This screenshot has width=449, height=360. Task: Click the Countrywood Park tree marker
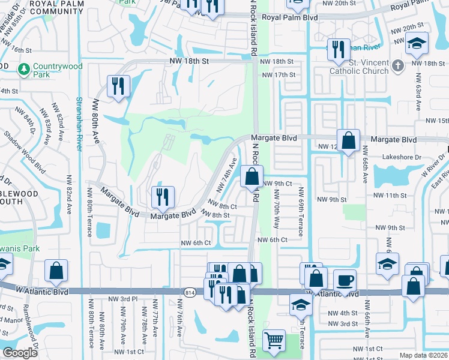pos(24,70)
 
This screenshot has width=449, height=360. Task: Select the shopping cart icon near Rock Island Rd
pos(274,340)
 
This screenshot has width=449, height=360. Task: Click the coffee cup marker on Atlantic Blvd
pos(345,280)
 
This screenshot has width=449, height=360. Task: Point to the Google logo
pos(20,352)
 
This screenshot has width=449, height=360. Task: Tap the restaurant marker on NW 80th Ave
pos(118,85)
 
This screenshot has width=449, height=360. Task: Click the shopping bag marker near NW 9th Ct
pos(252,176)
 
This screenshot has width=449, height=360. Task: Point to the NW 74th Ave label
pos(229,173)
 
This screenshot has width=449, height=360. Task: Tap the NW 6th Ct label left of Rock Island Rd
pos(197,242)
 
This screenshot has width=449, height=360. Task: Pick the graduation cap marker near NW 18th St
pos(416,44)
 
